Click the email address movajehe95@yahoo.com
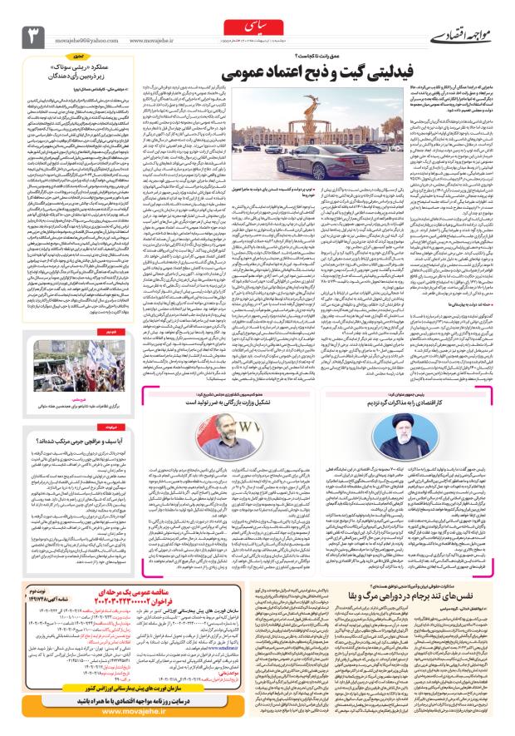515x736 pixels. coord(86,37)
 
